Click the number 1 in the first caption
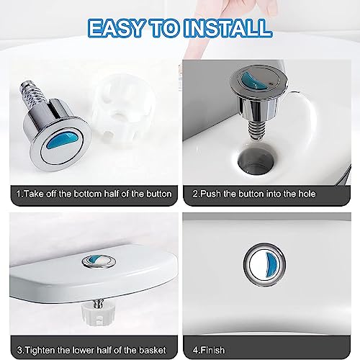(x=18, y=194)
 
